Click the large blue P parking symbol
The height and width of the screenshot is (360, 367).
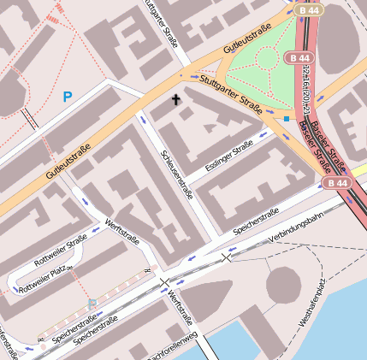click(x=67, y=97)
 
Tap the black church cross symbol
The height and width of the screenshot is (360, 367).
click(x=177, y=100)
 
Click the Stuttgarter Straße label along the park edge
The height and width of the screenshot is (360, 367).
click(x=231, y=93)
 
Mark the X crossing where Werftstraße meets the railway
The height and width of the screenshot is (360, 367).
click(x=165, y=281)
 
